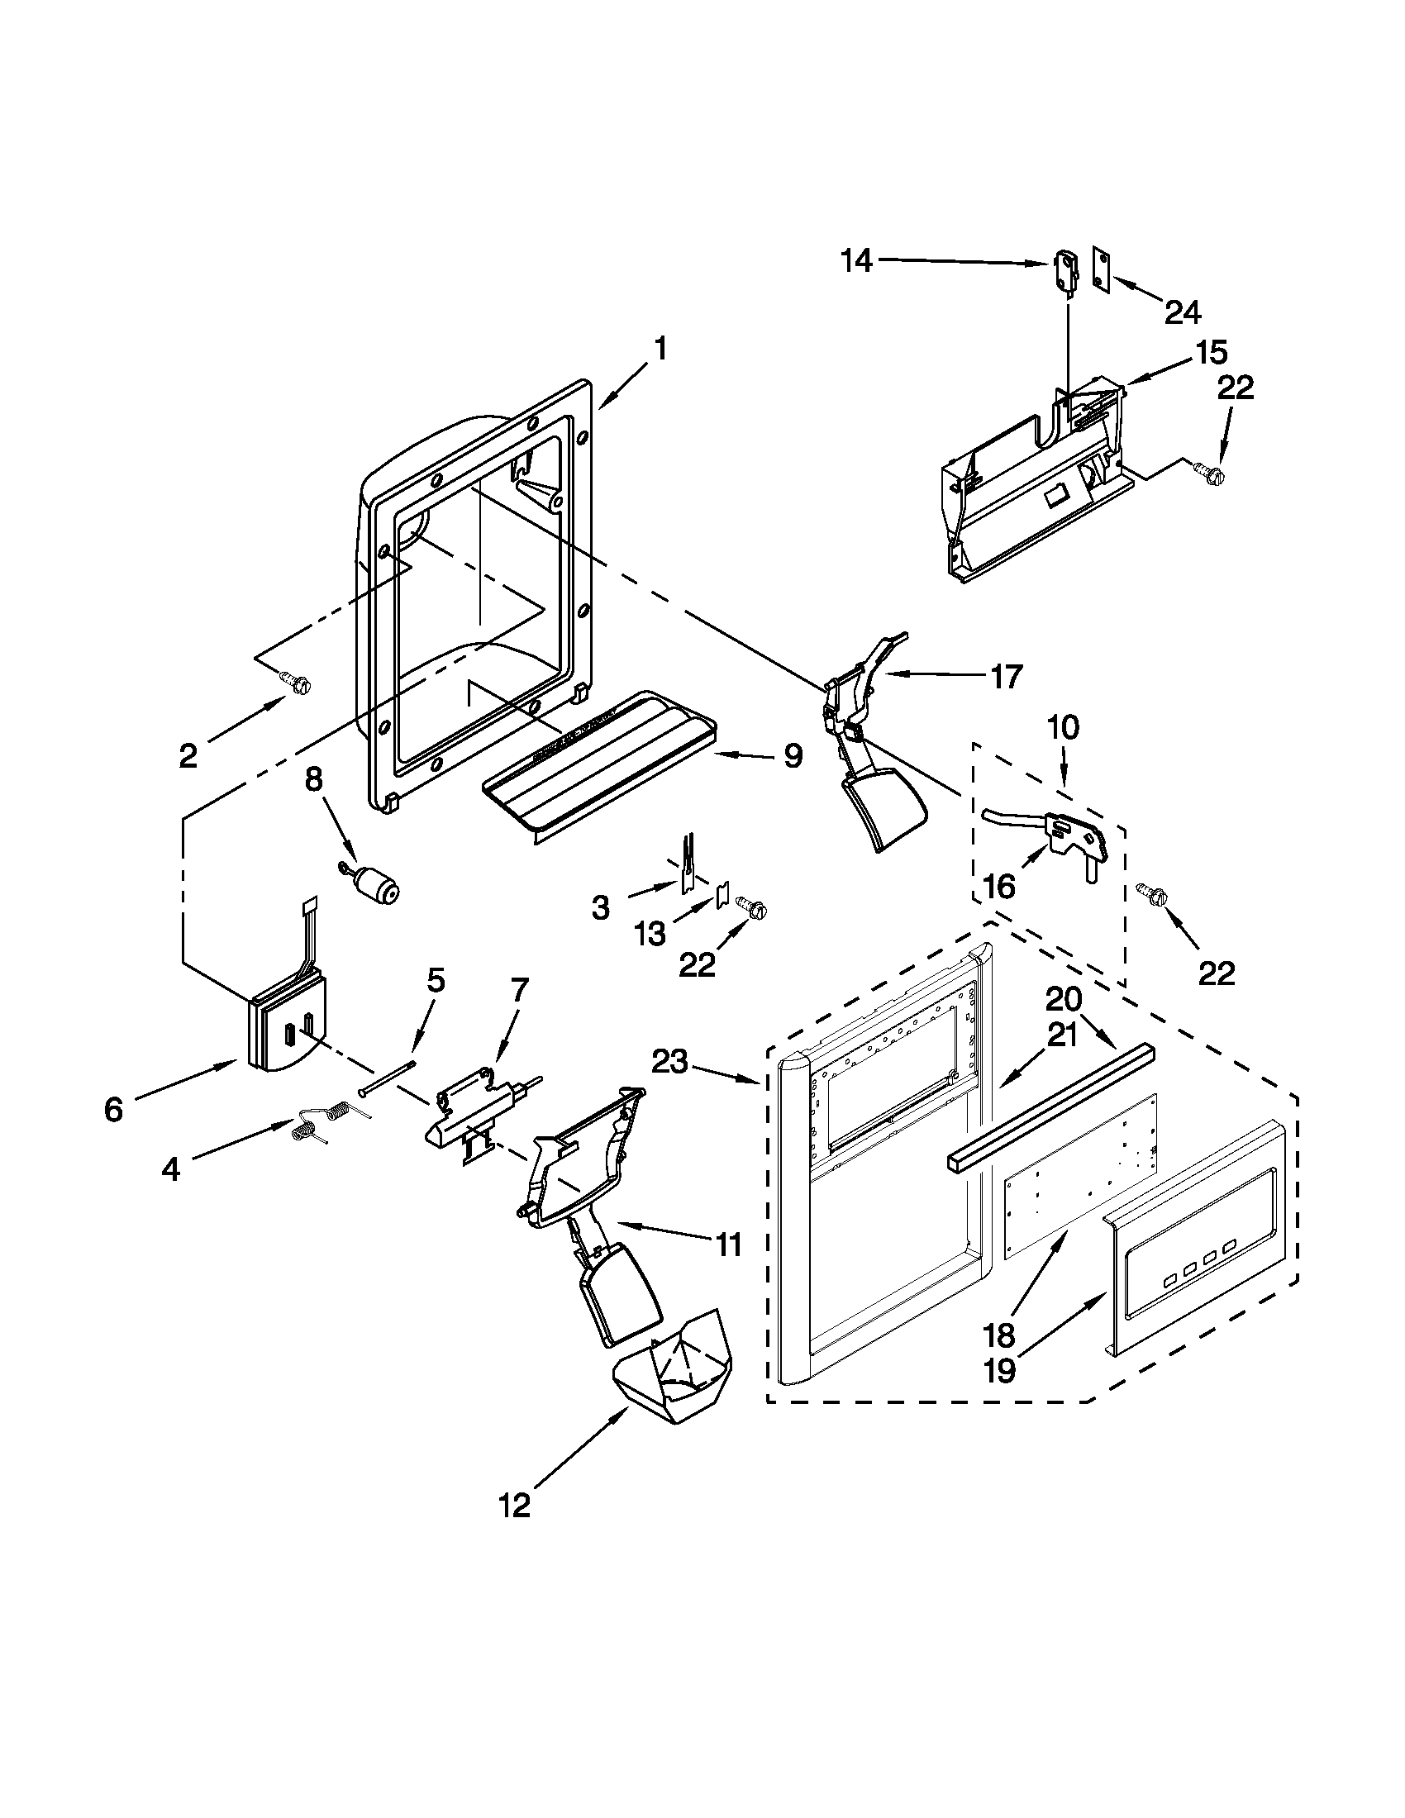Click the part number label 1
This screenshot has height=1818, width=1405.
click(x=660, y=349)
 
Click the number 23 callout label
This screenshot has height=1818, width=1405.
click(x=670, y=1061)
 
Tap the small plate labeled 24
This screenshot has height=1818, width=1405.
click(x=1101, y=268)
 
